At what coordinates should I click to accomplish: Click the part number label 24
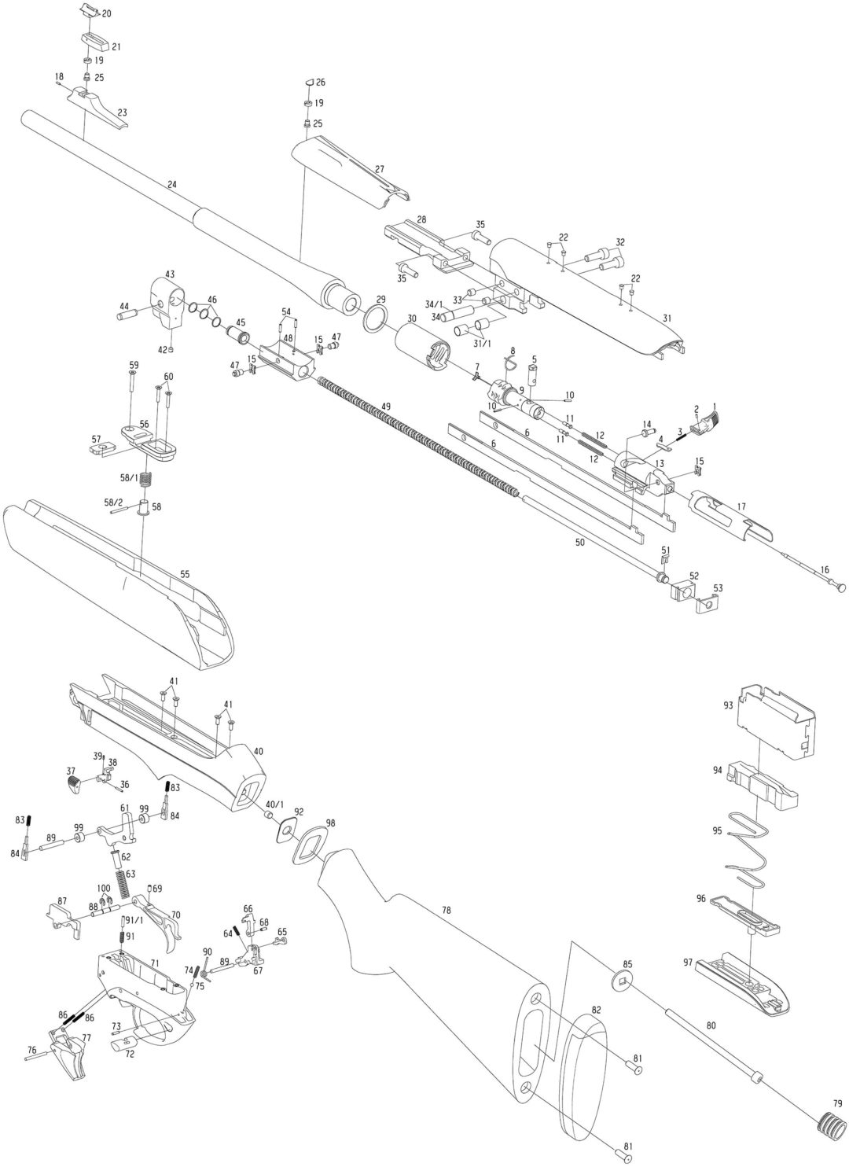tap(172, 184)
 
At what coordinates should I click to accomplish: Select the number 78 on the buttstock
tap(447, 910)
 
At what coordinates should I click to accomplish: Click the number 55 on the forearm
tap(185, 575)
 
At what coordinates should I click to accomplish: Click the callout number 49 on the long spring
tap(385, 405)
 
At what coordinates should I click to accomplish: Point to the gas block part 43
tap(167, 300)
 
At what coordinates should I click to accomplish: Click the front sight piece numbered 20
tap(88, 10)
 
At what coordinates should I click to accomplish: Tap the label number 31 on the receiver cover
tap(667, 318)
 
